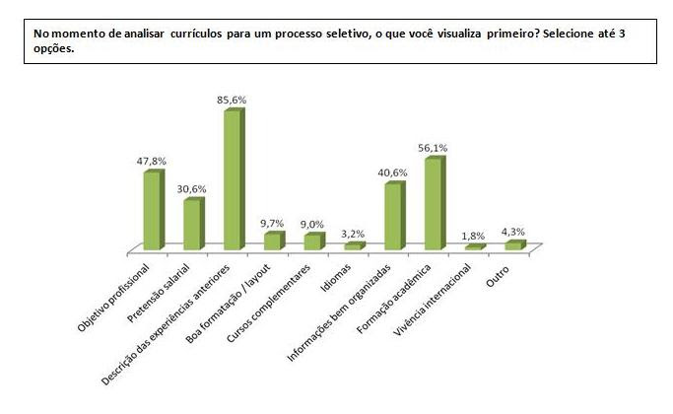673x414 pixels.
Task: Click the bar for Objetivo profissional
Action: (x=152, y=209)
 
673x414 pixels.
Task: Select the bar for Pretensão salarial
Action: (x=192, y=224)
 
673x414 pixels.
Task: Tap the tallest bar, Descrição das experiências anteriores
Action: (x=233, y=179)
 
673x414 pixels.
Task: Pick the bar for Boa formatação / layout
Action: (x=272, y=241)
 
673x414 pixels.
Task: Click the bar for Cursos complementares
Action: (x=311, y=241)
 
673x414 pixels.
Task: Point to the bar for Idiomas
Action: (x=353, y=245)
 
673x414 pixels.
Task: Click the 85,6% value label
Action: (x=232, y=100)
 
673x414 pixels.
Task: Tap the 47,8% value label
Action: (x=152, y=161)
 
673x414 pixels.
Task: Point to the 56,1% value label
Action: (x=433, y=148)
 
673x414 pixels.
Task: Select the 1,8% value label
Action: (x=474, y=236)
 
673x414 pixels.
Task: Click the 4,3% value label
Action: (x=513, y=232)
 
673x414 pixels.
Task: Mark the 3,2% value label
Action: (x=353, y=234)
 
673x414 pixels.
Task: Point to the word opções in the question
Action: (x=53, y=46)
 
